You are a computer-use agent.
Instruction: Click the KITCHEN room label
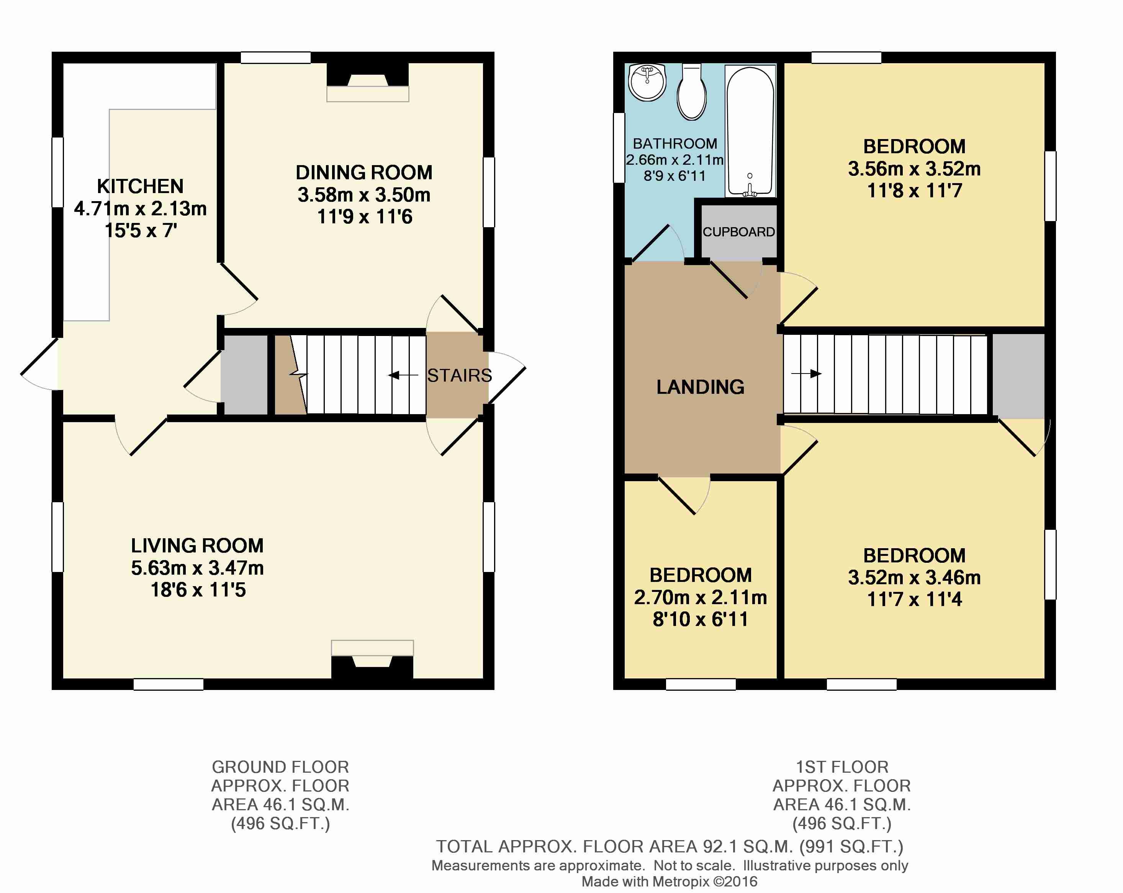[x=140, y=186]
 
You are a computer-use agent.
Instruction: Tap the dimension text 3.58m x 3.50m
[x=363, y=195]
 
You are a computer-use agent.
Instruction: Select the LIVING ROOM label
[x=197, y=546]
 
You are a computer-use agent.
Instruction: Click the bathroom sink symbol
[x=647, y=82]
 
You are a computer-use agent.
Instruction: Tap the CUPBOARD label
[x=738, y=232]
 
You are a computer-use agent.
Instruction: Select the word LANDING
[x=700, y=387]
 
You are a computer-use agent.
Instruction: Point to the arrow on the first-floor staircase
[x=806, y=374]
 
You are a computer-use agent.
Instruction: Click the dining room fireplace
[x=367, y=84]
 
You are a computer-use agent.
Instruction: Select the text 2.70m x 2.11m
[x=700, y=598]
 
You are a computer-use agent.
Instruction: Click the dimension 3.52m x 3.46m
[x=914, y=577]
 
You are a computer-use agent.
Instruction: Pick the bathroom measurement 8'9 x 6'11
[x=674, y=176]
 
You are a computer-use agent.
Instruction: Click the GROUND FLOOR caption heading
[x=280, y=767]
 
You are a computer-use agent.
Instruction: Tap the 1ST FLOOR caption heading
[x=842, y=767]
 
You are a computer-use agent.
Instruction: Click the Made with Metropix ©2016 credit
[x=670, y=882]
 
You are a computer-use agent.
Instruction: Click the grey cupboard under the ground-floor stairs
[x=244, y=375]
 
